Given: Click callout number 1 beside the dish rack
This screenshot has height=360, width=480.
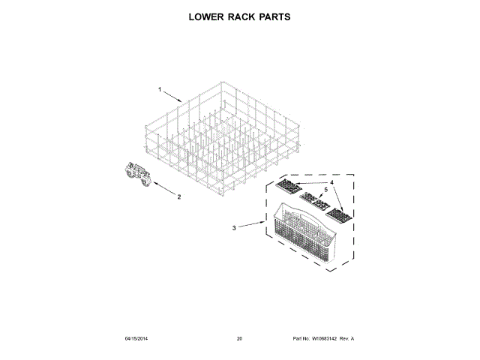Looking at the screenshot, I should pos(160,90).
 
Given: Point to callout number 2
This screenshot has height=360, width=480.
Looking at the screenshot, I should pos(179,197).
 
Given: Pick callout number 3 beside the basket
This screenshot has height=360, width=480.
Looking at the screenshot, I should pos(234,227).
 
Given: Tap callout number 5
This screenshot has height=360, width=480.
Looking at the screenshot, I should pos(325,190).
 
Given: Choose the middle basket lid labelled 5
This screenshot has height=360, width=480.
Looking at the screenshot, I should pos(313,199).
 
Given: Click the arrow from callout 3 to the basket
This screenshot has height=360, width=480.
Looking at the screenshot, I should pos(250,223).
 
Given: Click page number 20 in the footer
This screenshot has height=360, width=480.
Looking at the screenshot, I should pos(239,339).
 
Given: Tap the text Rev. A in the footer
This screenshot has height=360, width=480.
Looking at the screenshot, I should pos(347,339).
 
